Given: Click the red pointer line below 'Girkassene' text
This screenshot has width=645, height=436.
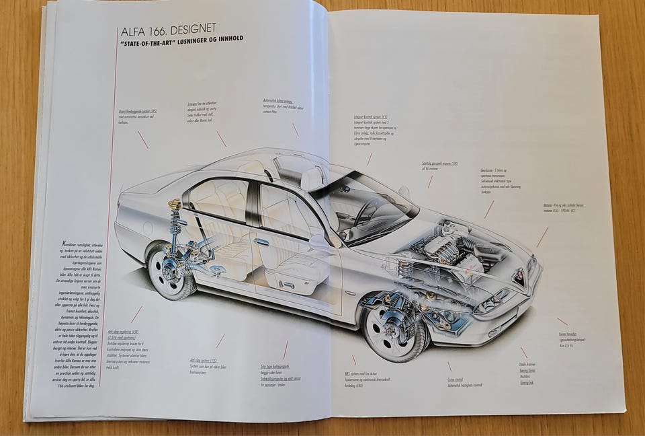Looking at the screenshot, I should coord(488,209).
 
